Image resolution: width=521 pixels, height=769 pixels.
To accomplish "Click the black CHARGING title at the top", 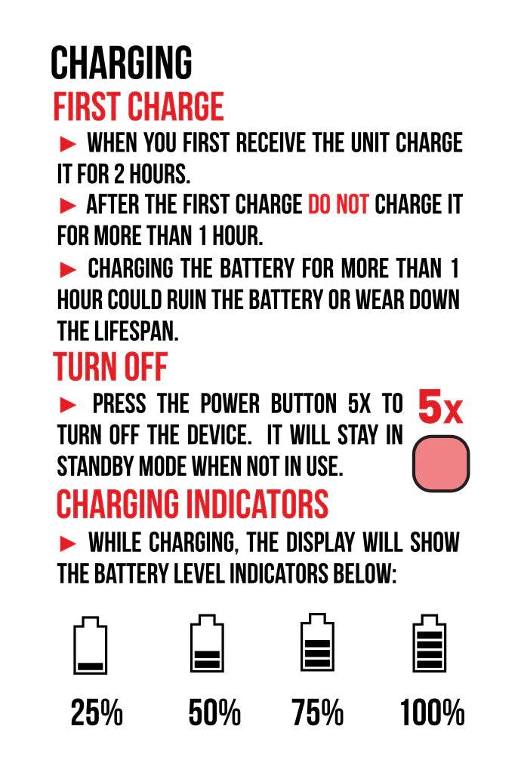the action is tap(122, 63).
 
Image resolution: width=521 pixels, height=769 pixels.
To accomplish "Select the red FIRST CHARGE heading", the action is tap(138, 106).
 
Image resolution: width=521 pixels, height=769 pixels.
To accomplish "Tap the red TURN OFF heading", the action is tap(110, 366).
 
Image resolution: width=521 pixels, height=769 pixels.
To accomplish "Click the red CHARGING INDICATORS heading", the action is tap(193, 504).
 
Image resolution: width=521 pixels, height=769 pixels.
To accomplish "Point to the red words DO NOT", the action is tap(338, 204).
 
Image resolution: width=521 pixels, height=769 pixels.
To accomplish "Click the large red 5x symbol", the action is tap(440, 407).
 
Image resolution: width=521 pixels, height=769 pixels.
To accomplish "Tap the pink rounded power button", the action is tap(441, 464).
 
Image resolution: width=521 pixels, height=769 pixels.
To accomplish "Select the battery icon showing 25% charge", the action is tap(91, 645).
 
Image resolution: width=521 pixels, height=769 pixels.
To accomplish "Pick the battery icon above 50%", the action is tap(207, 643).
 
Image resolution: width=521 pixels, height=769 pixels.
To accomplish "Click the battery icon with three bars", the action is tap(317, 642).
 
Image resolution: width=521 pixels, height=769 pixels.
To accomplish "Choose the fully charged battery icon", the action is tap(429, 643).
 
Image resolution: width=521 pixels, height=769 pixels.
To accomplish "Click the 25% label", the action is tap(96, 712).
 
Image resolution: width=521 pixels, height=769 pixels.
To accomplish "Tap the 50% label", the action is tap(214, 712).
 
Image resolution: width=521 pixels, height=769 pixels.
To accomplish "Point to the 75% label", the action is tap(318, 712).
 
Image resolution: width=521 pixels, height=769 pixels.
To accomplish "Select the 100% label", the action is tap(432, 712).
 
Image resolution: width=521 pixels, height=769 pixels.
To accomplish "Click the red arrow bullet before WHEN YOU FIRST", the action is tap(68, 144).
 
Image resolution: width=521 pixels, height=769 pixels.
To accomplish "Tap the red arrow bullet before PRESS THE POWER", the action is tap(68, 405).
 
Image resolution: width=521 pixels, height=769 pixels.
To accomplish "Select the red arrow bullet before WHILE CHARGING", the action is tap(68, 543).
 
